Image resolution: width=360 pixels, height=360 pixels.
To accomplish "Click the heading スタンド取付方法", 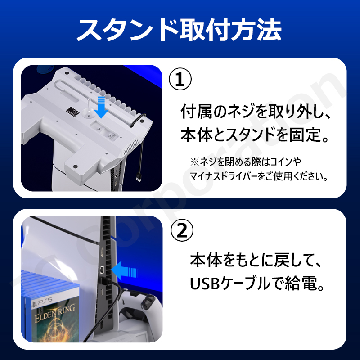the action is point(179,30).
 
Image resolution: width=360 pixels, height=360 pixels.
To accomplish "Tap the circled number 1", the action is point(180,79).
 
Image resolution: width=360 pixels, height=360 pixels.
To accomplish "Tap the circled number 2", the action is point(182,230).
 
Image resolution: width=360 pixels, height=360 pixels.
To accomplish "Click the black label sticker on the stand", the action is point(72,111).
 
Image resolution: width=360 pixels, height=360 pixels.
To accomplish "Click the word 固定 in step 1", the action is point(304,135).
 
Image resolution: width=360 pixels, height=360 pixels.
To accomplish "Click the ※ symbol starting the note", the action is point(194,162).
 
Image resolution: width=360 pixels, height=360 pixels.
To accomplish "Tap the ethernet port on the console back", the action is point(102,269).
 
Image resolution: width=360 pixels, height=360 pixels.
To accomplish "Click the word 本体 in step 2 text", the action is point(206,261).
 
